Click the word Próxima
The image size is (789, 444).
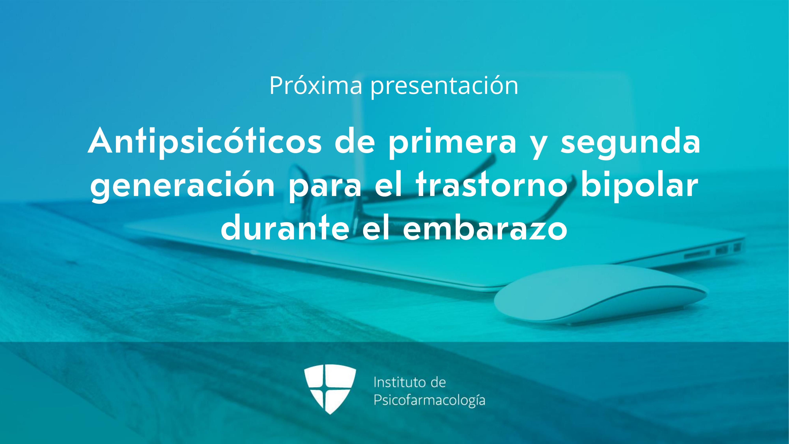pos(316,86)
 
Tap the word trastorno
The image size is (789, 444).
pos(492,184)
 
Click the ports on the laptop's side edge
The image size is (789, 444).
pos(711,251)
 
